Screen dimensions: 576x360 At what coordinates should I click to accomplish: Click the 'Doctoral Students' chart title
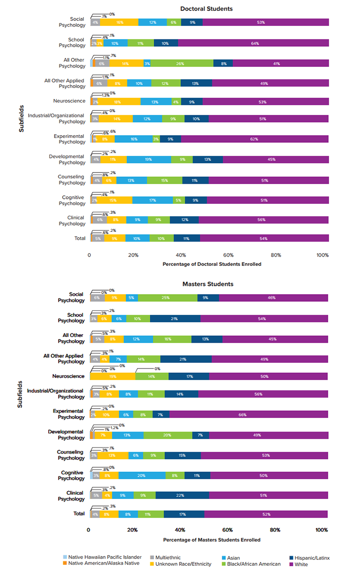tap(206, 9)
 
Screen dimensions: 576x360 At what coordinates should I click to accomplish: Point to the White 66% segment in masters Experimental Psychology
tap(249, 414)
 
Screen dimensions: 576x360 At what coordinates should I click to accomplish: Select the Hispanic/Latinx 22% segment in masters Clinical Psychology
tap(182, 495)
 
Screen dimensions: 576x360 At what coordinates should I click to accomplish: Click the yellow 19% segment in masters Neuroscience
tap(112, 376)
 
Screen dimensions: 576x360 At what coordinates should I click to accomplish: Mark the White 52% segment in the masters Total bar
tap(266, 514)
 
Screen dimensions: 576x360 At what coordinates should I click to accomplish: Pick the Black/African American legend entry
tap(252, 564)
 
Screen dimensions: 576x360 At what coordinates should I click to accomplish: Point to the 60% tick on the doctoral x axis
tap(228, 255)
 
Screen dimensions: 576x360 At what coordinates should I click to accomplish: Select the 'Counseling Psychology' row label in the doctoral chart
tap(72, 180)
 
